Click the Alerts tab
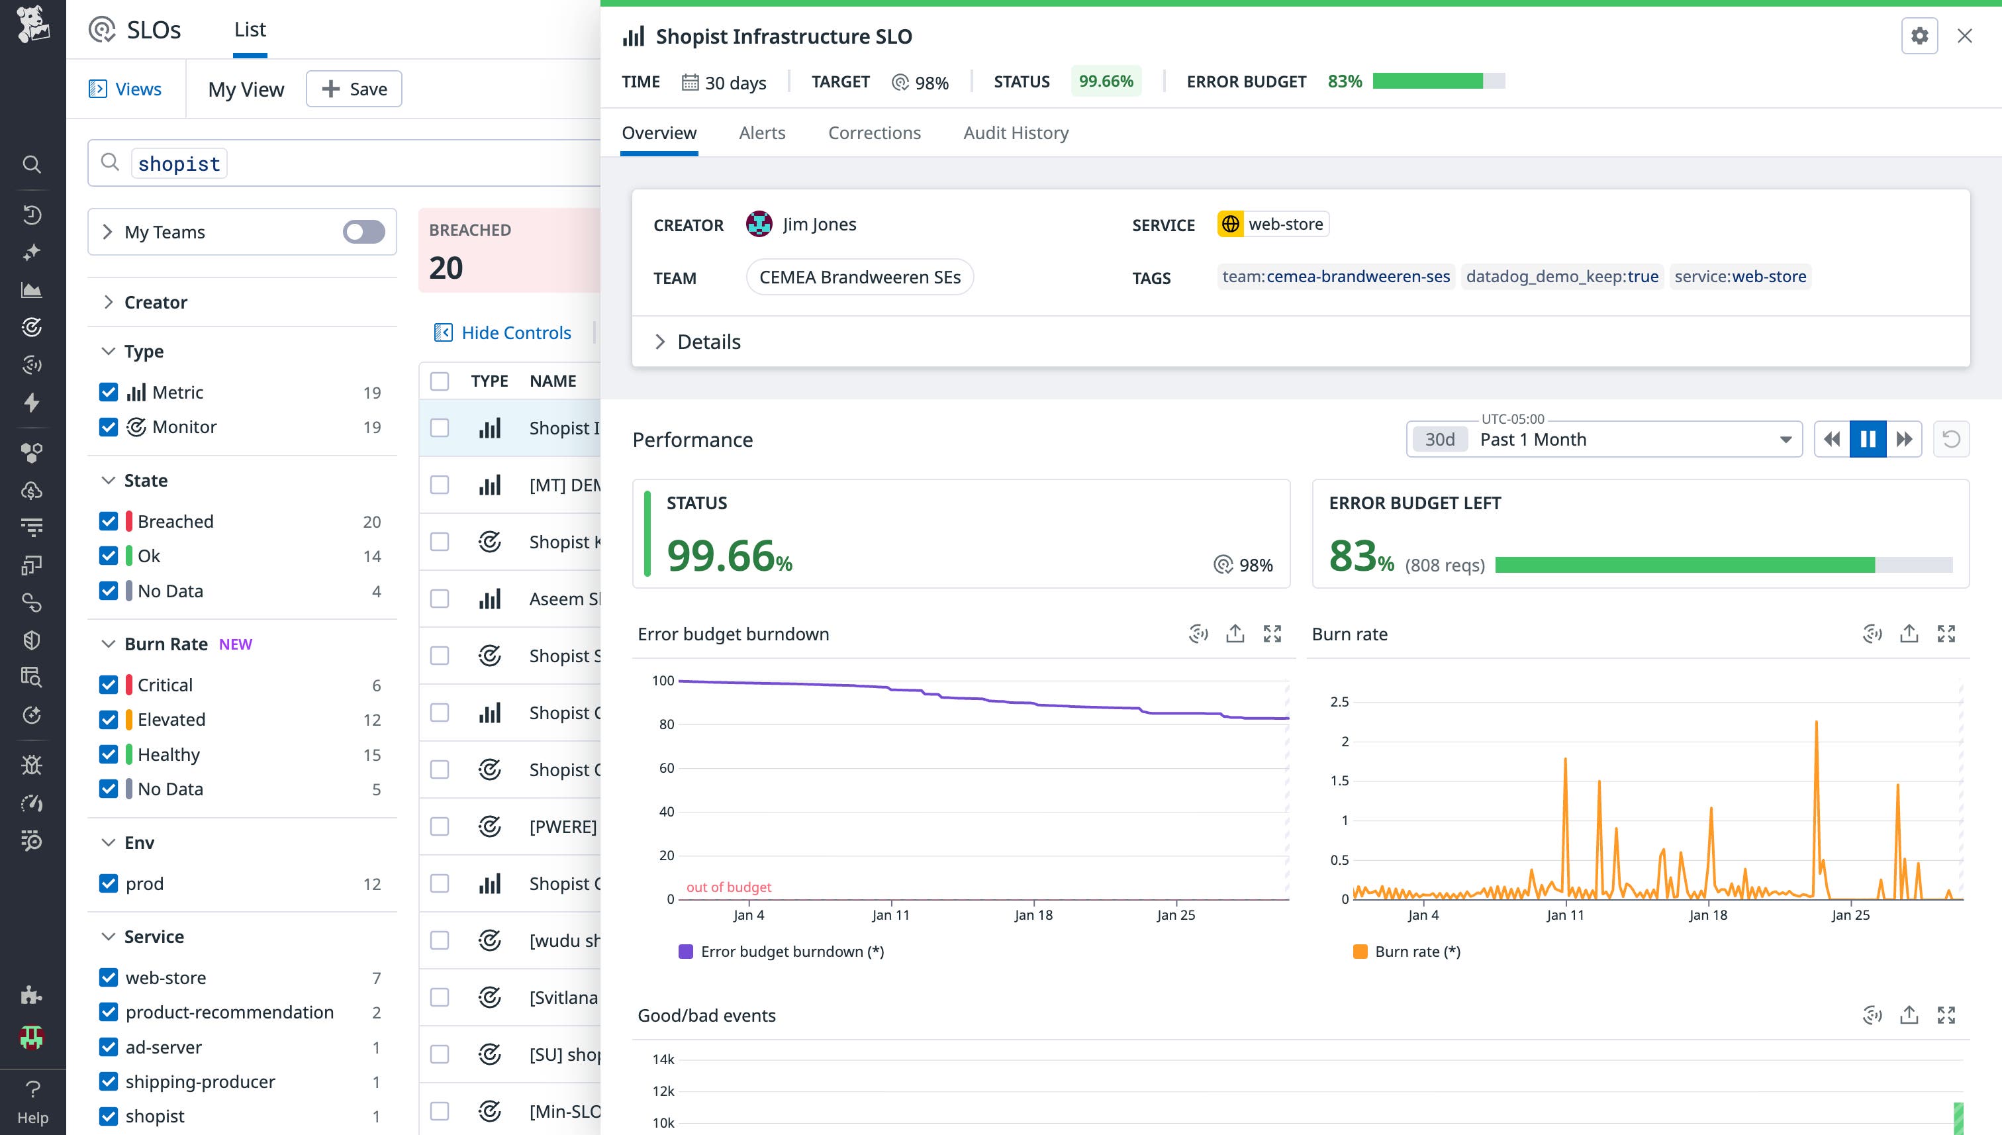coord(761,132)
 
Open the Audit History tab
coord(1016,132)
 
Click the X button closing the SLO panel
coord(1964,36)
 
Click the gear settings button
coord(1919,36)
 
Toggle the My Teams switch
coord(363,232)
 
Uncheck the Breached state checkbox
coord(109,522)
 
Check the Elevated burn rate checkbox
coord(109,720)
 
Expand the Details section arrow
coord(660,342)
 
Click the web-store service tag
coord(1273,224)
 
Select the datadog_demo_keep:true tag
coord(1562,277)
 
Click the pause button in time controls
coord(1867,439)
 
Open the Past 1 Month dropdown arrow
coord(1785,440)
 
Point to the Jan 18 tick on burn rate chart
coord(1707,915)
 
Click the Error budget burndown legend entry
coord(782,952)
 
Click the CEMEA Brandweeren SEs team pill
coord(859,277)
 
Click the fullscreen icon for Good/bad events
coord(1946,1015)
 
